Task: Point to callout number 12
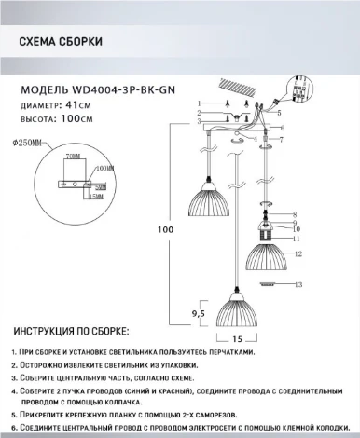point(298,253)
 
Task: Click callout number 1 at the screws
point(200,102)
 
